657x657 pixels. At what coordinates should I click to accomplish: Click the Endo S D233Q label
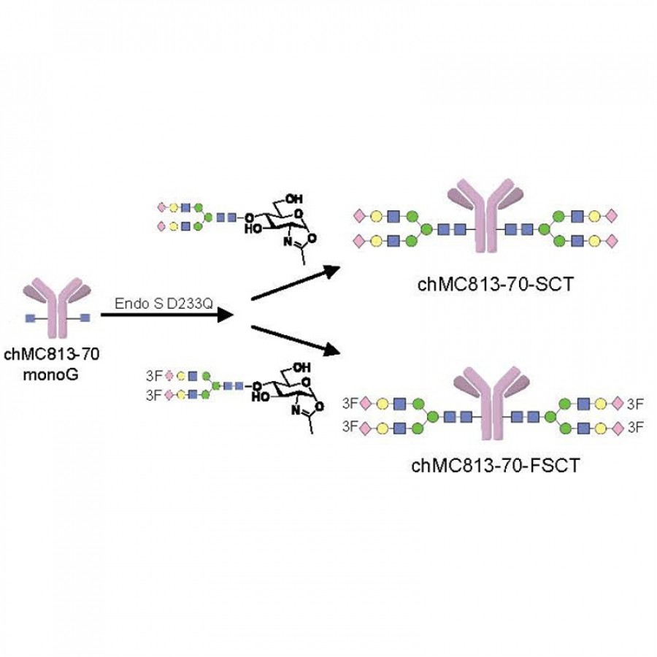(164, 304)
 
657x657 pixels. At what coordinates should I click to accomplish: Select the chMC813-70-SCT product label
(496, 285)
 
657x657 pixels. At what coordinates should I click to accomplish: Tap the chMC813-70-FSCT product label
(496, 466)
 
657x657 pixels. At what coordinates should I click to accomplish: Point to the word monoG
(50, 374)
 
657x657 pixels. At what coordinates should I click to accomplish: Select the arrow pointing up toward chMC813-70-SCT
(296, 283)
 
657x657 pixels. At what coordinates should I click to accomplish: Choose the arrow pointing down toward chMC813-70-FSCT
(296, 340)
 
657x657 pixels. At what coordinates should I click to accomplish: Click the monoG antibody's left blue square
(30, 318)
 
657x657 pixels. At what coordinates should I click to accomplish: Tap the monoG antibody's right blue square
(85, 318)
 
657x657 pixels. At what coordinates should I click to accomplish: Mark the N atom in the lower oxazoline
(296, 411)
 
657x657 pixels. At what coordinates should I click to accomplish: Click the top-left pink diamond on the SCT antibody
(359, 216)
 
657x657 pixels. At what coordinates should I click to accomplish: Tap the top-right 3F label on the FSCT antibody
(635, 404)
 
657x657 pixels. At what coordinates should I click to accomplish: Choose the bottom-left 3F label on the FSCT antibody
(350, 427)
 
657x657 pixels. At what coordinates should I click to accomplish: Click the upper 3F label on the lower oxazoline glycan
(154, 376)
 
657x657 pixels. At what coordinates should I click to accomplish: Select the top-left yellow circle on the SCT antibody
(376, 216)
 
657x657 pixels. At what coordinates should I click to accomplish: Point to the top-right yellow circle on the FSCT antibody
(600, 404)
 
